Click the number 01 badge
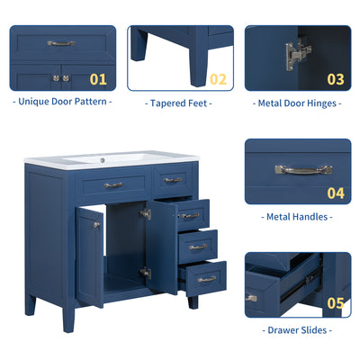pyautogui.click(x=98, y=79)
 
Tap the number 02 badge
pyautogui.click(x=219, y=79)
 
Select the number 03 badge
pyautogui.click(x=336, y=79)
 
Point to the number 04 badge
pyautogui.click(x=336, y=193)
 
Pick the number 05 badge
pyautogui.click(x=336, y=303)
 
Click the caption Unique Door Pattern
pyautogui.click(x=62, y=102)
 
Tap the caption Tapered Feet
pyautogui.click(x=180, y=103)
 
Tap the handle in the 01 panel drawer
pyautogui.click(x=61, y=42)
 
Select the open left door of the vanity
pyautogui.click(x=89, y=256)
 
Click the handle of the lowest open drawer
pyautogui.click(x=207, y=279)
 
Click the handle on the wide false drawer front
pyautogui.click(x=113, y=184)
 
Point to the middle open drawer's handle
pyautogui.click(x=197, y=247)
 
